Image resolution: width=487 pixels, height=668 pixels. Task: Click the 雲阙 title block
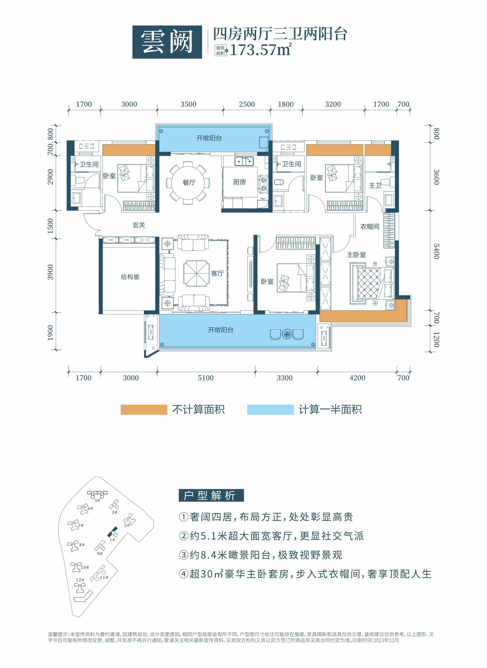coord(167,42)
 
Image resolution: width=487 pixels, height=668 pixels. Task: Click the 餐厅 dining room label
coord(189,182)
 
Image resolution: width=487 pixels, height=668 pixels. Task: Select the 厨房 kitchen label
coord(239,182)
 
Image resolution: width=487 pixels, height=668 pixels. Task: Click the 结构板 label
coord(130,277)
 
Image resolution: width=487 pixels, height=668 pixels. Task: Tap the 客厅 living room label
coord(217,274)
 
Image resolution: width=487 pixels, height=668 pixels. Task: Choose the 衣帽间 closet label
coord(369,227)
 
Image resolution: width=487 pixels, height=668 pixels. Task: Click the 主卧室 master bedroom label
coord(356,255)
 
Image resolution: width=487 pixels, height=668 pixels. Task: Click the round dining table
coord(188,182)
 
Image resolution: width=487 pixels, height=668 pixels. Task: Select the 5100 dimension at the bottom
coord(206,378)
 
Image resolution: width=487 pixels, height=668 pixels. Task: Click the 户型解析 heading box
coord(211,495)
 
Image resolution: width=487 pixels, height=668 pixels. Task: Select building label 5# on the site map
coord(97,500)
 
